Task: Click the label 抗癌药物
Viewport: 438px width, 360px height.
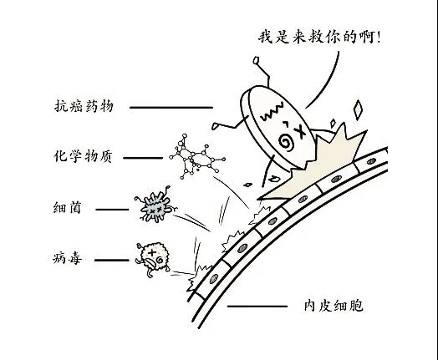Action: (84, 106)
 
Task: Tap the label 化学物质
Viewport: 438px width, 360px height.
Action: (83, 156)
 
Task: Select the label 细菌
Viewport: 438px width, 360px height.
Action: (68, 208)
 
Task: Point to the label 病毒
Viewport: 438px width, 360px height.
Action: (68, 258)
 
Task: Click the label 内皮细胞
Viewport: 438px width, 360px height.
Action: (334, 306)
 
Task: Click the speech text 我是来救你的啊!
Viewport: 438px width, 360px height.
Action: (319, 37)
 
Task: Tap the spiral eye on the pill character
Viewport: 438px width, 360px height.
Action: (287, 142)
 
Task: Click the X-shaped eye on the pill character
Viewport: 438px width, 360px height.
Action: (301, 131)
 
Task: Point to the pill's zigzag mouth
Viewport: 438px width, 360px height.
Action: (272, 112)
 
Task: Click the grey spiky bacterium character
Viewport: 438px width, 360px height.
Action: (155, 206)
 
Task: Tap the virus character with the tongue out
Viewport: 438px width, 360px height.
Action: (153, 259)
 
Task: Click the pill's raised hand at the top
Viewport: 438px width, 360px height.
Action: (256, 61)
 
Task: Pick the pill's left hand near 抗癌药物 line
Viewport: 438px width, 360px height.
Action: (215, 126)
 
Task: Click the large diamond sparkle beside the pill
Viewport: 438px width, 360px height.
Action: (358, 110)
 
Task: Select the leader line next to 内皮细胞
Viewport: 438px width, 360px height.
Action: (257, 307)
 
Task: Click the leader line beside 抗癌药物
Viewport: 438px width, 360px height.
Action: (171, 107)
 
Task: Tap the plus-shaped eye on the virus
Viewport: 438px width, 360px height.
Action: (152, 253)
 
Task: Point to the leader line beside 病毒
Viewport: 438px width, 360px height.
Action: (112, 260)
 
